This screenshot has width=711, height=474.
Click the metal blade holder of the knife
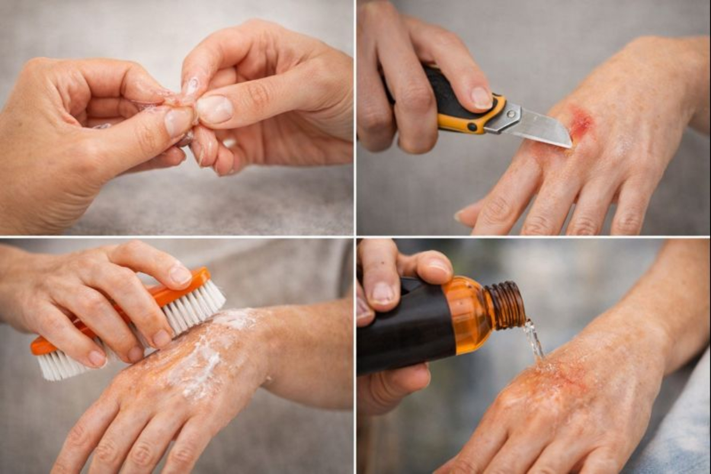click(504, 118)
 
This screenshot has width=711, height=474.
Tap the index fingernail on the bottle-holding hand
click(383, 292)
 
